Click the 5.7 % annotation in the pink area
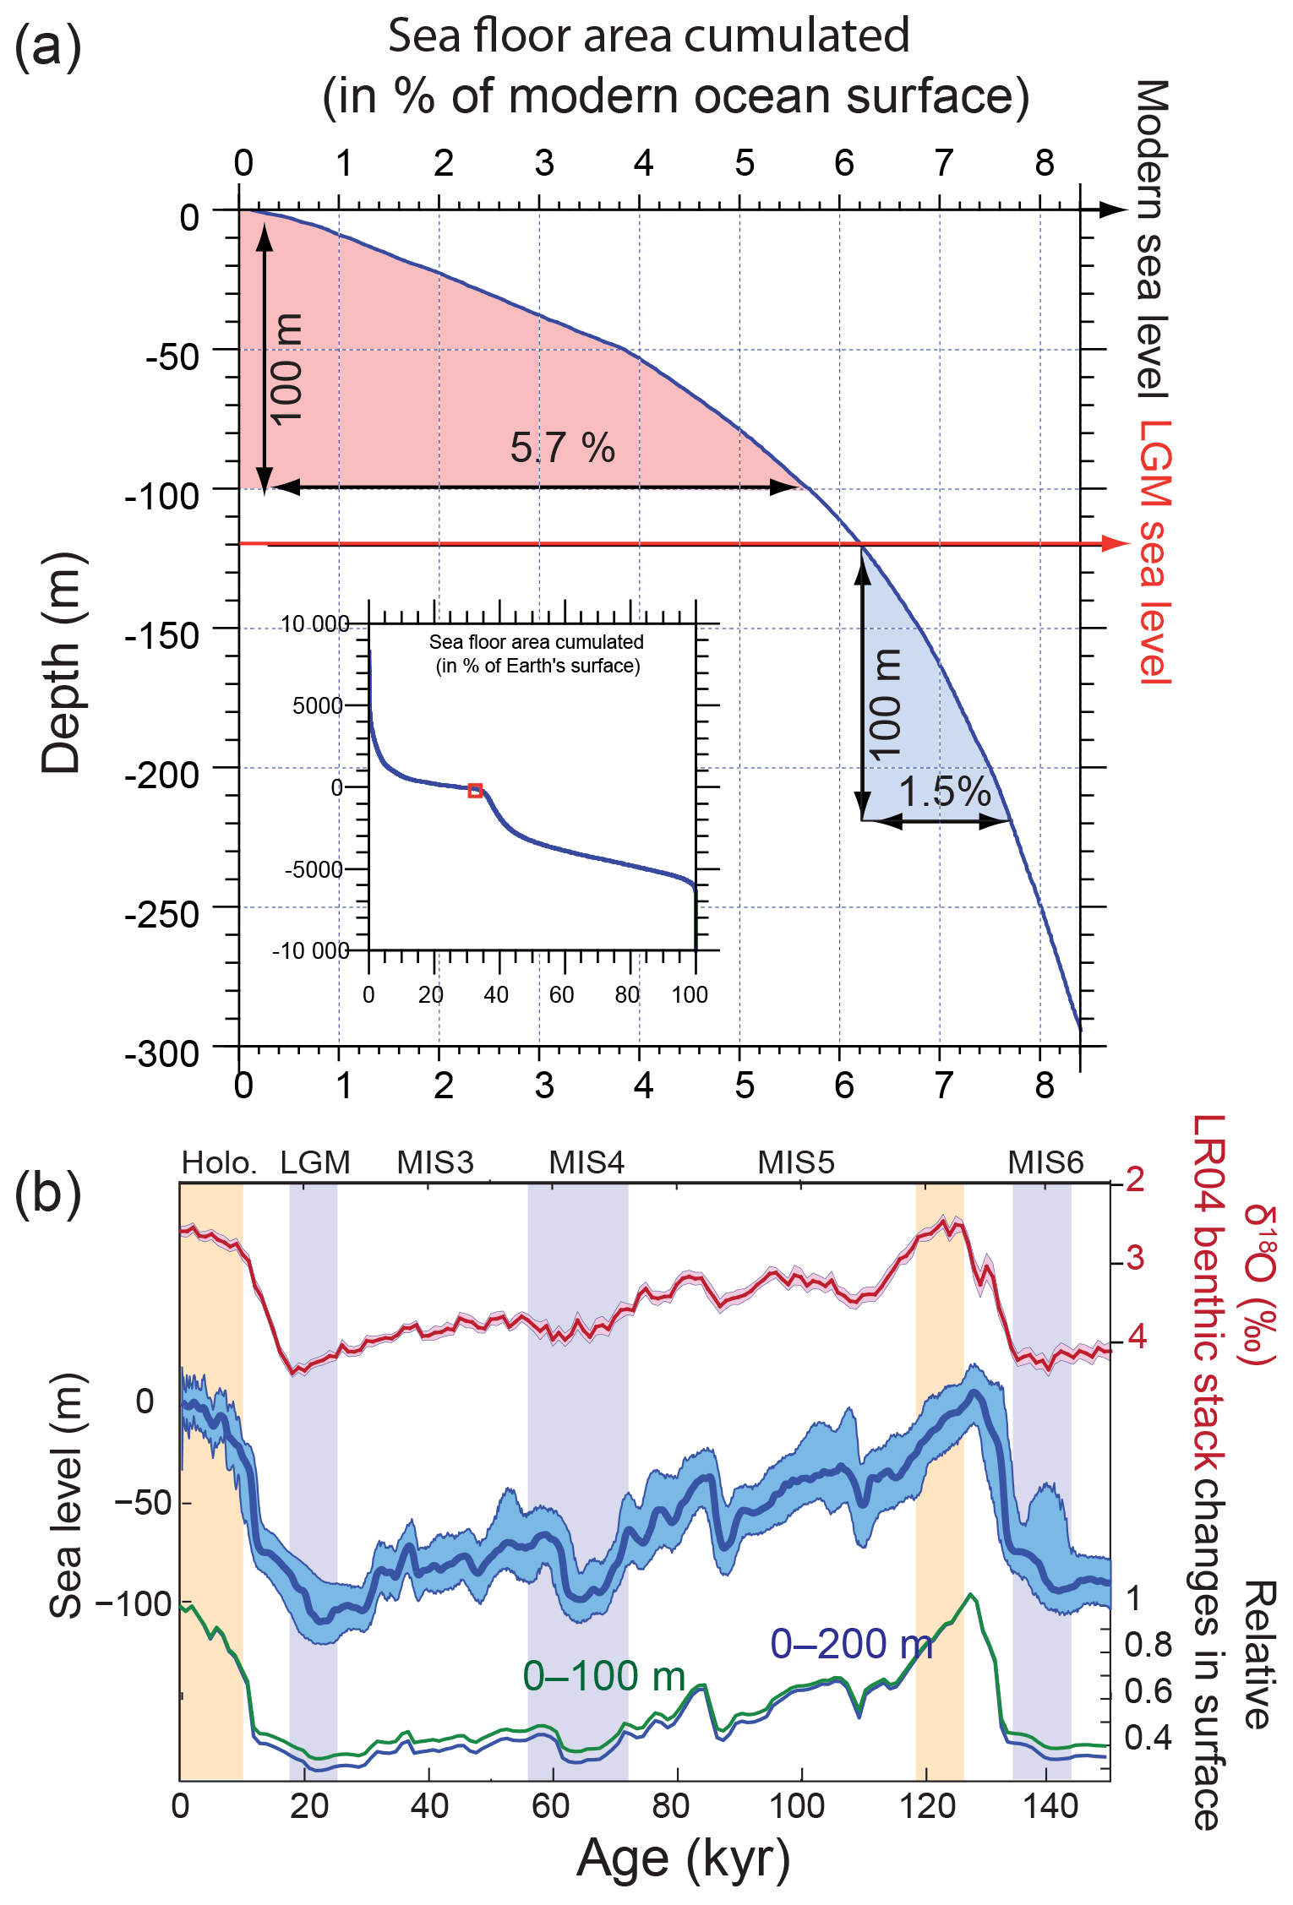coord(562,448)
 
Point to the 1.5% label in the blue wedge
coord(944,792)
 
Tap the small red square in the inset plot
coord(475,791)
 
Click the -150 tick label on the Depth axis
coord(162,635)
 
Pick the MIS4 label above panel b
coord(586,1163)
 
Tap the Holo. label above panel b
coord(219,1163)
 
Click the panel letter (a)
coord(48,46)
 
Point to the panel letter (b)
coord(48,1194)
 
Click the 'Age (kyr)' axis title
coord(683,1859)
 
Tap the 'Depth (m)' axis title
coord(62,663)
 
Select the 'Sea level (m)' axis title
coord(66,1495)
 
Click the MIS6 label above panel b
coord(1045,1163)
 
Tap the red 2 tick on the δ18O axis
coord(1135,1179)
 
